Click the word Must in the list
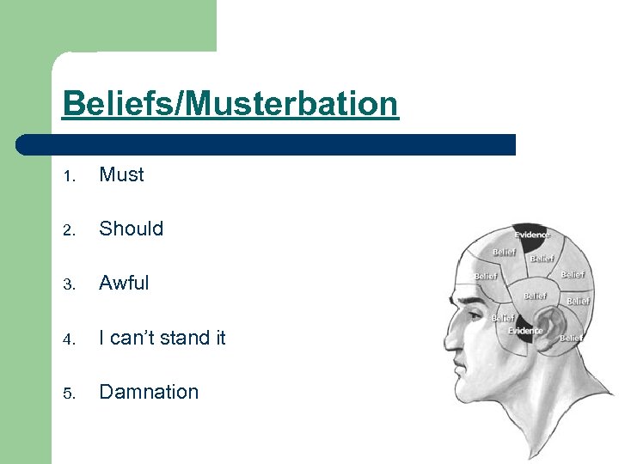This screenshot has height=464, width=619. pos(121,174)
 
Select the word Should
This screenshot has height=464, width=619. pos(131,229)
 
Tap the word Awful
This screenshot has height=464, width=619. pos(124,283)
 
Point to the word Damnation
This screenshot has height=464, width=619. pos(149,392)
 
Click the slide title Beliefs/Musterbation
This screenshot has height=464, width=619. pos(230,104)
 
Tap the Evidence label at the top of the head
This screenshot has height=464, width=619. pos(532,235)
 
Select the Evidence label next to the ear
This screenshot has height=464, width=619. pos(524,331)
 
